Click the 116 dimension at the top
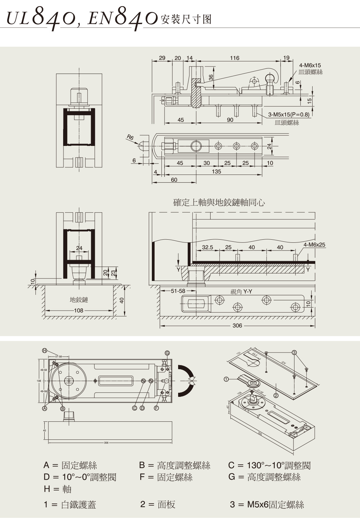[x=234, y=58]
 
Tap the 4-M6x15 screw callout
[x=310, y=65]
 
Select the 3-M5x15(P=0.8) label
[x=289, y=115]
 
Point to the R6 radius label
[x=130, y=137]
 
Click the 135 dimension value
[x=216, y=171]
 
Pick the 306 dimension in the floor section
[x=237, y=326]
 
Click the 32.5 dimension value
[x=207, y=247]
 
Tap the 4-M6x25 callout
[x=314, y=245]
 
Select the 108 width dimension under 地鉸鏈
[x=78, y=311]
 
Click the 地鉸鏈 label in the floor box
[x=79, y=300]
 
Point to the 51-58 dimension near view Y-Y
[x=178, y=291]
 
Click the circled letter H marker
[x=44, y=350]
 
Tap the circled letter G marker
[x=167, y=353]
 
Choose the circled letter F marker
[x=156, y=408]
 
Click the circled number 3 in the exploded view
[x=294, y=353]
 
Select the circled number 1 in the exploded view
[x=226, y=379]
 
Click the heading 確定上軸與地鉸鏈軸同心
[x=219, y=203]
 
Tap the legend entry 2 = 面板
[x=158, y=505]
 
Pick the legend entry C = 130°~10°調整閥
[x=269, y=465]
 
